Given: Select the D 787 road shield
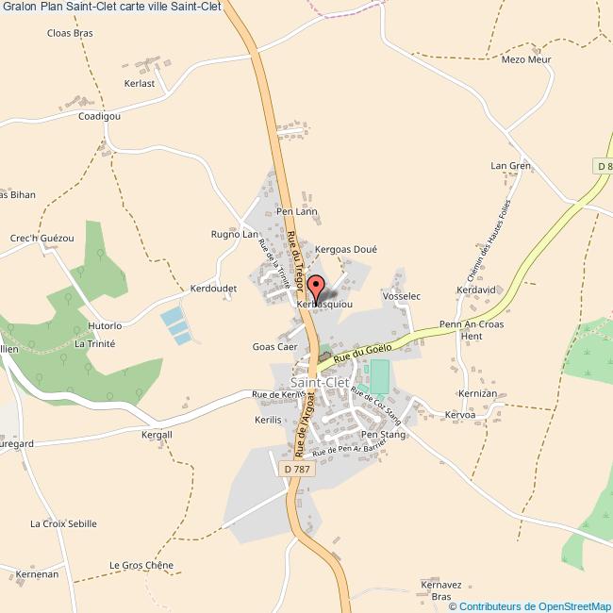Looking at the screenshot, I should (295, 469).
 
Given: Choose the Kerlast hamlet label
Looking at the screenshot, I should (139, 84).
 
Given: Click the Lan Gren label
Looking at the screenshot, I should (511, 165).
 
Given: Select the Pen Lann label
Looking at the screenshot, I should (297, 212).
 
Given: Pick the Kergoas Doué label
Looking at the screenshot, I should (346, 249).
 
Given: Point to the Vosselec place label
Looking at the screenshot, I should (402, 296).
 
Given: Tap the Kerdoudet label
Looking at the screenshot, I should (212, 288).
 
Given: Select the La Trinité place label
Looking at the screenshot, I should (94, 344).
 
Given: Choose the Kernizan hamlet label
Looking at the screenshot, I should (477, 391).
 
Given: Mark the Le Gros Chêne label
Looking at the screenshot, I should (141, 566).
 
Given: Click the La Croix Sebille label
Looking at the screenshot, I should (63, 523).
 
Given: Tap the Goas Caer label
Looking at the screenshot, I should (275, 347).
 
